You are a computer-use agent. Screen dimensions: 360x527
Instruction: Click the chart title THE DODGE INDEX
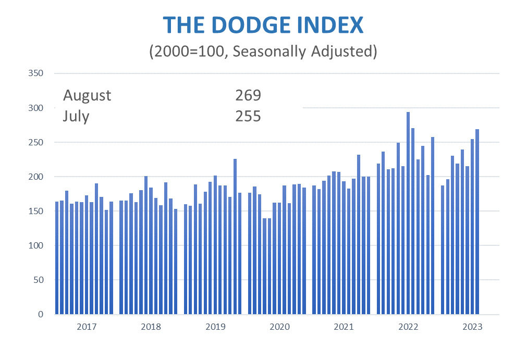(x=263, y=26)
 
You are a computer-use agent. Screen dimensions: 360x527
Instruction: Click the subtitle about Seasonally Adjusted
(x=263, y=52)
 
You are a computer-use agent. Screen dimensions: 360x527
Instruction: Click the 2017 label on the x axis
(x=87, y=327)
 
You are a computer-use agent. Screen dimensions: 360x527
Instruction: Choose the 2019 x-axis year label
(x=215, y=327)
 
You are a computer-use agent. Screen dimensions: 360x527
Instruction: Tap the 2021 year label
(x=344, y=327)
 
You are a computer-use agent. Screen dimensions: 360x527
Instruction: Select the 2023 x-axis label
(x=472, y=327)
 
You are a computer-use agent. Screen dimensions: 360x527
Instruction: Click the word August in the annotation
(x=87, y=95)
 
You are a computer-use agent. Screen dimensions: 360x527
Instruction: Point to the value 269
(x=248, y=95)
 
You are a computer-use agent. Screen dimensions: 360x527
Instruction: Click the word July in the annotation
(x=76, y=116)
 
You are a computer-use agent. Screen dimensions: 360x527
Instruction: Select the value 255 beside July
(x=248, y=116)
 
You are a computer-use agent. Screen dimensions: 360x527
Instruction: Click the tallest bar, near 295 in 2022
(x=408, y=214)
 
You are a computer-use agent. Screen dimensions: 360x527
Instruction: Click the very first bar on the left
(x=57, y=258)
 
